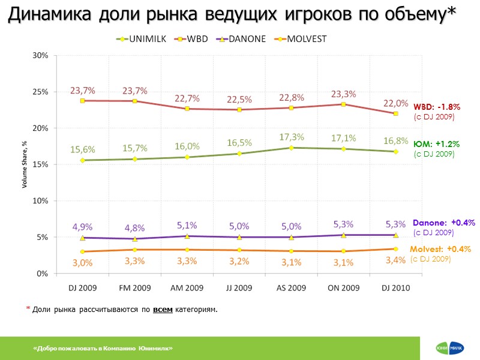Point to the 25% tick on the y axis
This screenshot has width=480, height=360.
pos(40,92)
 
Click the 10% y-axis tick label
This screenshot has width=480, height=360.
pos(40,201)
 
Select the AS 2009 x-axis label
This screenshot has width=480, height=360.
pos(291,288)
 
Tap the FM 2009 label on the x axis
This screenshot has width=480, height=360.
pos(134,288)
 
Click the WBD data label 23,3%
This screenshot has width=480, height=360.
pos(344,94)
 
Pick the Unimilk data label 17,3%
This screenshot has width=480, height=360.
pos(292,137)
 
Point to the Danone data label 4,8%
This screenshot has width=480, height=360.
pos(134,228)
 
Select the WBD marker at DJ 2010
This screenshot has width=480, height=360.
pos(396,113)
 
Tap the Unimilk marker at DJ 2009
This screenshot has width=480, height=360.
pos(82,160)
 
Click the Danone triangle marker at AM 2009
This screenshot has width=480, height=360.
pos(187,236)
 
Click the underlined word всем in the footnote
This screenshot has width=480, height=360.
pos(163,310)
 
